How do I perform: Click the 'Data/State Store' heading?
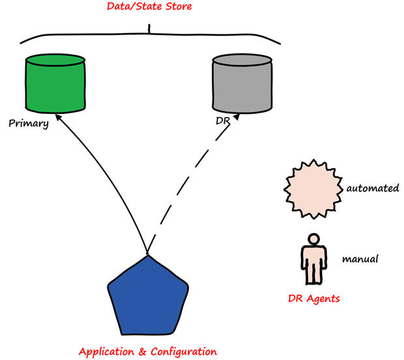click(x=149, y=8)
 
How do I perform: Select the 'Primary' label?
click(x=29, y=124)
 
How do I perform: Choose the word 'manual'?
click(x=360, y=259)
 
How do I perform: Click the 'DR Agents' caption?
click(x=314, y=299)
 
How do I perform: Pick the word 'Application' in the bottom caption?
click(x=108, y=352)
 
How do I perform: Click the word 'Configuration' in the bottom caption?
click(x=184, y=352)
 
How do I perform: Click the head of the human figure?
click(x=314, y=240)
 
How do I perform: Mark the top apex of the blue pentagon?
click(x=148, y=255)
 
